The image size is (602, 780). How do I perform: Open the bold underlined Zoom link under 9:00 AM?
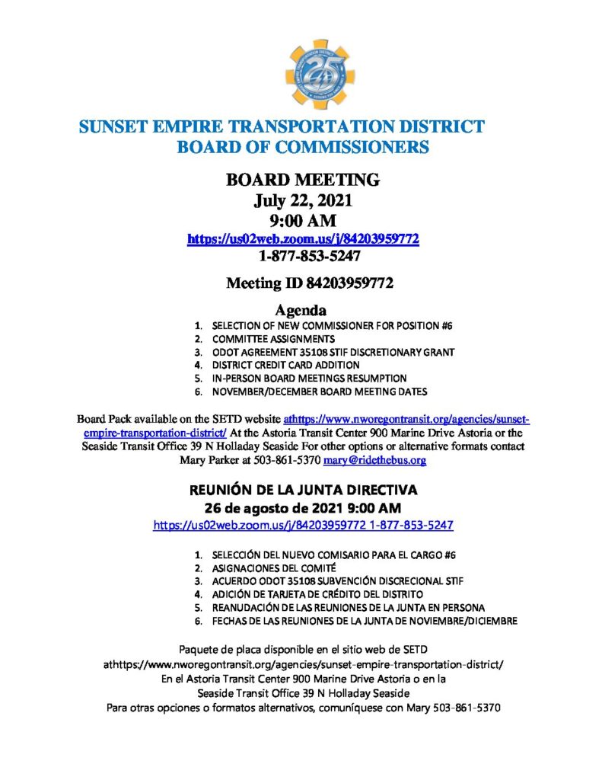click(x=304, y=239)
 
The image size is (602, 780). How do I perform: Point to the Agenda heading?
click(x=300, y=311)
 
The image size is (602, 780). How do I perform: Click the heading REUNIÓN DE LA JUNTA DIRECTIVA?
click(x=303, y=490)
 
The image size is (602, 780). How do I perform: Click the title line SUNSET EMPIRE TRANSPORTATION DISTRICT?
click(x=282, y=126)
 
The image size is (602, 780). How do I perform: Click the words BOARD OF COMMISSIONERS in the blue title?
click(x=303, y=146)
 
